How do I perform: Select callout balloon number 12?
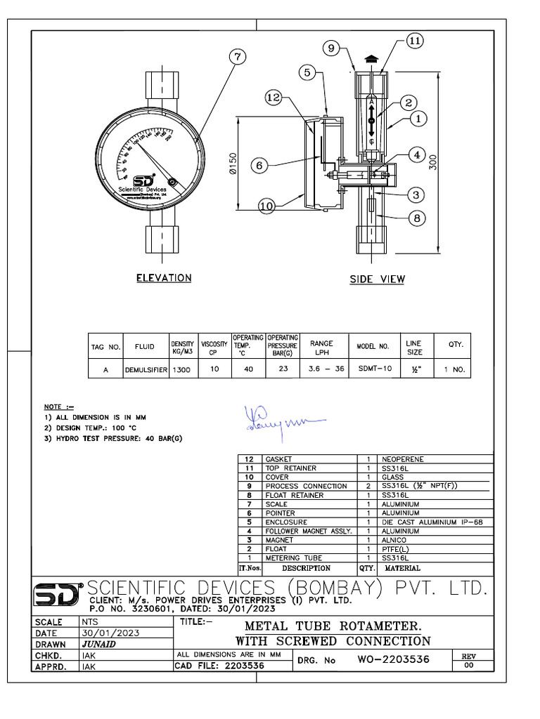point(275,98)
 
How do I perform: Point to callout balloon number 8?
point(416,218)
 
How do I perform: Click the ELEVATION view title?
point(163,278)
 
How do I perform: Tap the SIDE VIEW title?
point(378,279)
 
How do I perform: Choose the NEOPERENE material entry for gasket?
point(403,459)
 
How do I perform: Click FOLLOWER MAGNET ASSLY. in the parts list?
point(309,532)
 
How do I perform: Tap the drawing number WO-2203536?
point(393,660)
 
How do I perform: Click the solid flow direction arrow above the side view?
point(371,61)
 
